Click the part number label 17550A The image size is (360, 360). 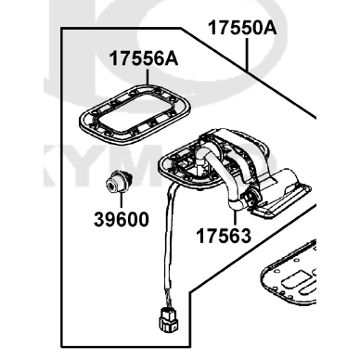pos(242,28)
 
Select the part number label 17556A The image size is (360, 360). pos(144,58)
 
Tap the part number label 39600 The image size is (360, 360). pos(122,220)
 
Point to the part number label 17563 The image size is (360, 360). pos(224,236)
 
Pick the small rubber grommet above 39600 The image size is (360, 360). pos(118,183)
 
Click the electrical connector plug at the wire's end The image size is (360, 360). pos(169,319)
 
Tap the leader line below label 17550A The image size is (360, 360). pos(248,55)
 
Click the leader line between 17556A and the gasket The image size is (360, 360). pos(148,77)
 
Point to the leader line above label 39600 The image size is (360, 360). pos(122,200)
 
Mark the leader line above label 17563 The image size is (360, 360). pos(235,218)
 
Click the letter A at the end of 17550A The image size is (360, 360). pos(269,28)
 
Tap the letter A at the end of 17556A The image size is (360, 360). pos(171,58)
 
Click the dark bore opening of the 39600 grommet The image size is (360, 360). pos(110,186)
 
